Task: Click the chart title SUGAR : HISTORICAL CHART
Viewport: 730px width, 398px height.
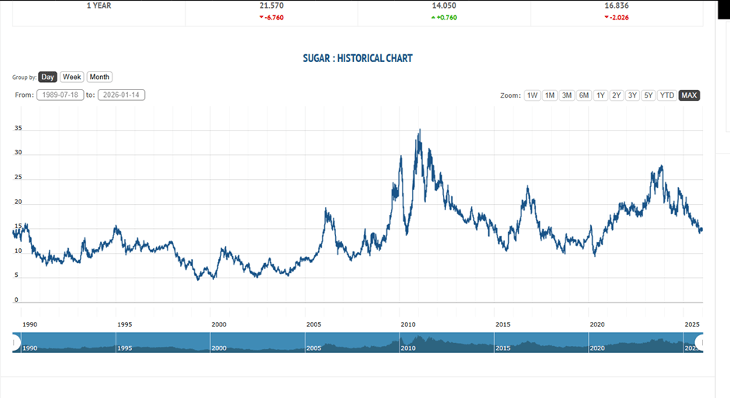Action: [358, 58]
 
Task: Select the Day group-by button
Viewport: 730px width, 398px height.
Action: [48, 77]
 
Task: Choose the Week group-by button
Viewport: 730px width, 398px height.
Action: [72, 77]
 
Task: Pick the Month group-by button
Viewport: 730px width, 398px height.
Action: [99, 77]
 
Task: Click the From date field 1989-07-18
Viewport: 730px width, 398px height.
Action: [61, 95]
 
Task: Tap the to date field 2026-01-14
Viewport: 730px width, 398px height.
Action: [121, 95]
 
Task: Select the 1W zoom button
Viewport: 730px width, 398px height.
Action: [532, 95]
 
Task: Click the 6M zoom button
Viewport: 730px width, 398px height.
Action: [583, 95]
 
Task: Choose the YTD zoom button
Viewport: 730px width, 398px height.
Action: [666, 95]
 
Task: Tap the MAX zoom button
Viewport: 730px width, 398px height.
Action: [689, 95]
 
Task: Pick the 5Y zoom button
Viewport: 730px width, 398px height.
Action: [649, 95]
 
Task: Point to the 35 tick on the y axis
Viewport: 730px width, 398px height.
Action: [18, 129]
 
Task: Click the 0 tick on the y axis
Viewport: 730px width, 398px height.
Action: [16, 300]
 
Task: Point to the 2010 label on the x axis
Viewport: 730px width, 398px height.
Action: [408, 324]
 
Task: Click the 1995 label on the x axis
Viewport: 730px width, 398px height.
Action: [124, 324]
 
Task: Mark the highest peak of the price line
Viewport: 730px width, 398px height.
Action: [420, 130]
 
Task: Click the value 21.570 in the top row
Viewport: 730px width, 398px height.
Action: [272, 5]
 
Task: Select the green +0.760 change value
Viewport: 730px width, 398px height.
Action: [445, 16]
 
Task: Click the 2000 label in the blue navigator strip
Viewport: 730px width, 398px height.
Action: [220, 348]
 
